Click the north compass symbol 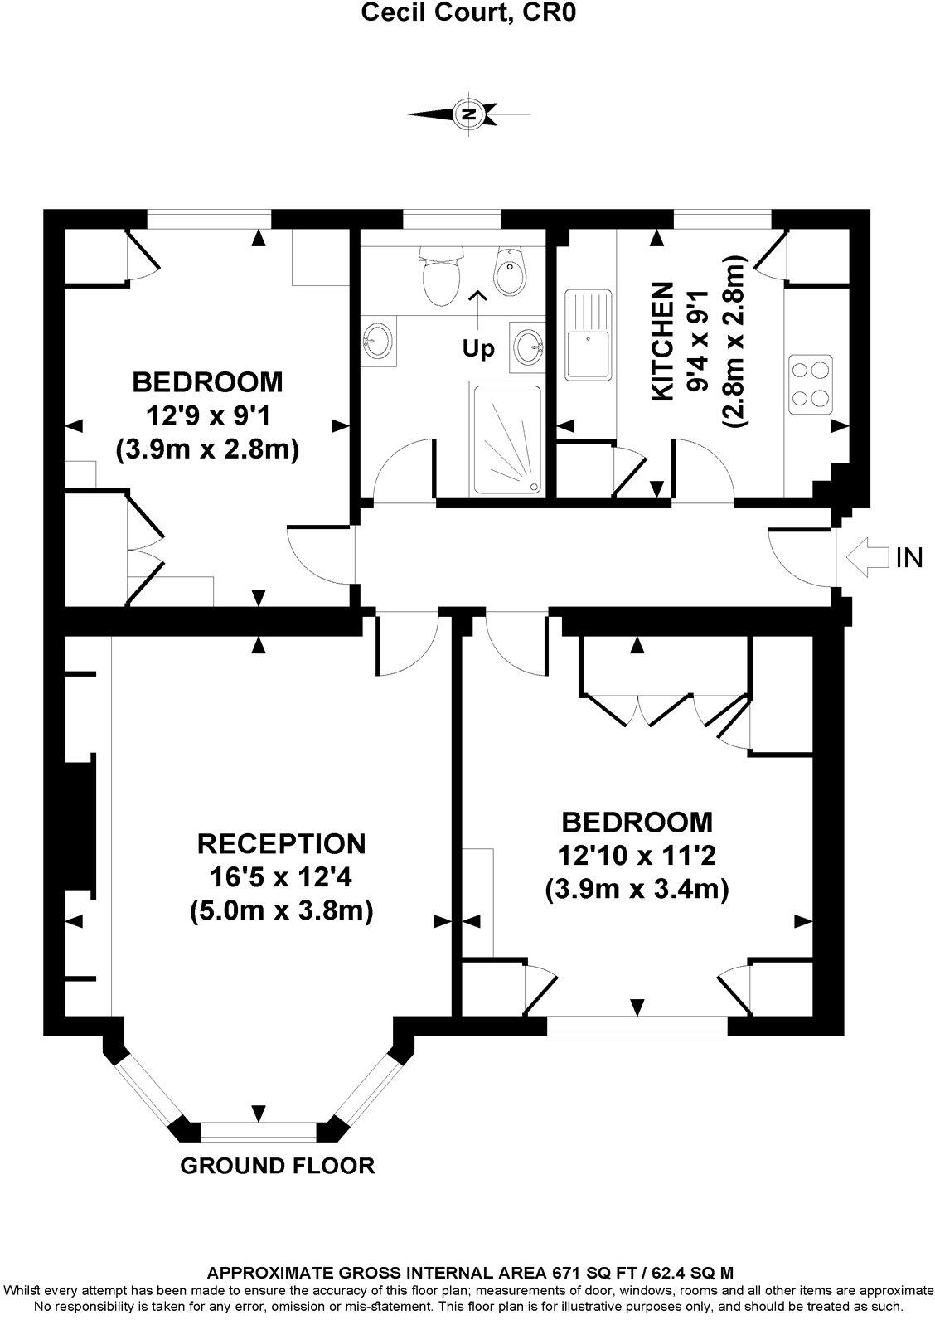pyautogui.click(x=469, y=114)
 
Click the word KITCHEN pyautogui.click(x=662, y=342)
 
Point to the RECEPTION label pyautogui.click(x=281, y=843)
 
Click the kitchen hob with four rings pyautogui.click(x=810, y=384)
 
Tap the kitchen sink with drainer pyautogui.click(x=588, y=331)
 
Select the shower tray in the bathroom pyautogui.click(x=506, y=439)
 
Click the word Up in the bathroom pyautogui.click(x=478, y=349)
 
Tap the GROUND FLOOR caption pyautogui.click(x=278, y=1165)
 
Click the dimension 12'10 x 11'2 pyautogui.click(x=637, y=856)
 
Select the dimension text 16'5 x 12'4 pyautogui.click(x=281, y=876)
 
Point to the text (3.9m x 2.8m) pyautogui.click(x=206, y=449)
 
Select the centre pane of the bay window pyautogui.click(x=259, y=1131)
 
